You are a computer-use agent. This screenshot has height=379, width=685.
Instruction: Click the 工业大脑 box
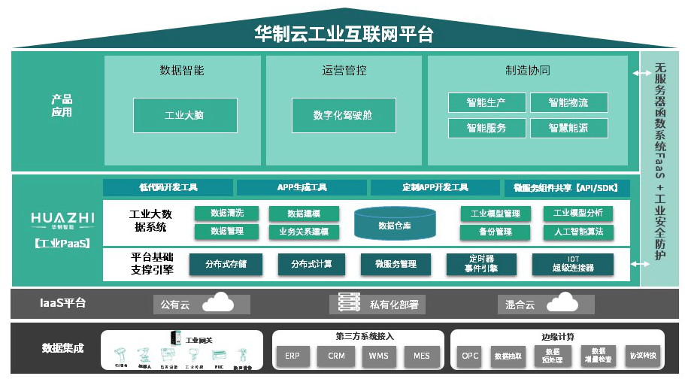[185, 115]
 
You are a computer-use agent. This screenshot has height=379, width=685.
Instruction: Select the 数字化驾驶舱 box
[343, 115]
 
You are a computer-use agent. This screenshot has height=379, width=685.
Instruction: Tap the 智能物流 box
[568, 102]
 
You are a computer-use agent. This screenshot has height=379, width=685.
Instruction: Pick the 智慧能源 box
[568, 128]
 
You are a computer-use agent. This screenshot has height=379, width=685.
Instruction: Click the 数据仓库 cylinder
[394, 225]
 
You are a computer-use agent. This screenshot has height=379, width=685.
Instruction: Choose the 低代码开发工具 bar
[168, 187]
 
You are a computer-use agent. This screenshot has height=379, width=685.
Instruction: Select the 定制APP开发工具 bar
[435, 187]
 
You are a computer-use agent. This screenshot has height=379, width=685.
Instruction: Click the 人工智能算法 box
[577, 232]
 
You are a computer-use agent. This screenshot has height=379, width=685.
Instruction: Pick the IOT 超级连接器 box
[573, 263]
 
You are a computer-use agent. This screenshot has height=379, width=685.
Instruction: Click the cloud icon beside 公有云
[217, 303]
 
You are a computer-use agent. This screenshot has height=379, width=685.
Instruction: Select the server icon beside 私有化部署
[347, 303]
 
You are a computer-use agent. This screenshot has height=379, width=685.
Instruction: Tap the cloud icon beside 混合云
[562, 303]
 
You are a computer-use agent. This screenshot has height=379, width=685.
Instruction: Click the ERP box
[292, 356]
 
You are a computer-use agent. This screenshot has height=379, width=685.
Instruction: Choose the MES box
[422, 356]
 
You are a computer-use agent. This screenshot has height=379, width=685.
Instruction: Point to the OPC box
[470, 356]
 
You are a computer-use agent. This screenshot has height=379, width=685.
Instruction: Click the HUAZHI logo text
[63, 218]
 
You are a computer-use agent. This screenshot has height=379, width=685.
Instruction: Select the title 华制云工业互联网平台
[344, 34]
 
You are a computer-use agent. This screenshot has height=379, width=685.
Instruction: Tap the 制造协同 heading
[527, 70]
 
